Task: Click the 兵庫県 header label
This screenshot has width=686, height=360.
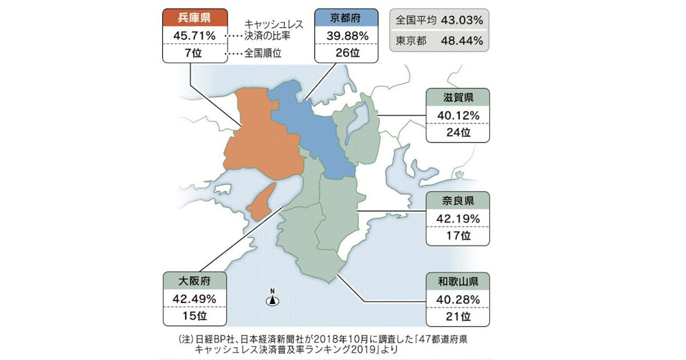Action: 194,17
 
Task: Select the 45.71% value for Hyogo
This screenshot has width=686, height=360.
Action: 194,36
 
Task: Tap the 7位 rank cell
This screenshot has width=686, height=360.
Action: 194,54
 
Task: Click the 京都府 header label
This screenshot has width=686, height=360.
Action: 345,17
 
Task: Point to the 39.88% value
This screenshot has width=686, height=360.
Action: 345,36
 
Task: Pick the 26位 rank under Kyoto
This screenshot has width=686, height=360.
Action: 345,54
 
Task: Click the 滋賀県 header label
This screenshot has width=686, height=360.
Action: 457,97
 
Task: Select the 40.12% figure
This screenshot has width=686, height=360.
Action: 457,115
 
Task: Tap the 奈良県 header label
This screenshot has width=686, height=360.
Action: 457,200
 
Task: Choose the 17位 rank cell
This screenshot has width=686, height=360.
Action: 457,236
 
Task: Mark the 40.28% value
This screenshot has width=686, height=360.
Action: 457,299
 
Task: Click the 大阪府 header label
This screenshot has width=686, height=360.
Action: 194,281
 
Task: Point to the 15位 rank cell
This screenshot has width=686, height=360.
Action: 194,316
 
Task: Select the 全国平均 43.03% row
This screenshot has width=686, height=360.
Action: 440,21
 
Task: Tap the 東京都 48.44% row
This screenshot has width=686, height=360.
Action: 440,41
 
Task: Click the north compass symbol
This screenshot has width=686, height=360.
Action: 273,297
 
